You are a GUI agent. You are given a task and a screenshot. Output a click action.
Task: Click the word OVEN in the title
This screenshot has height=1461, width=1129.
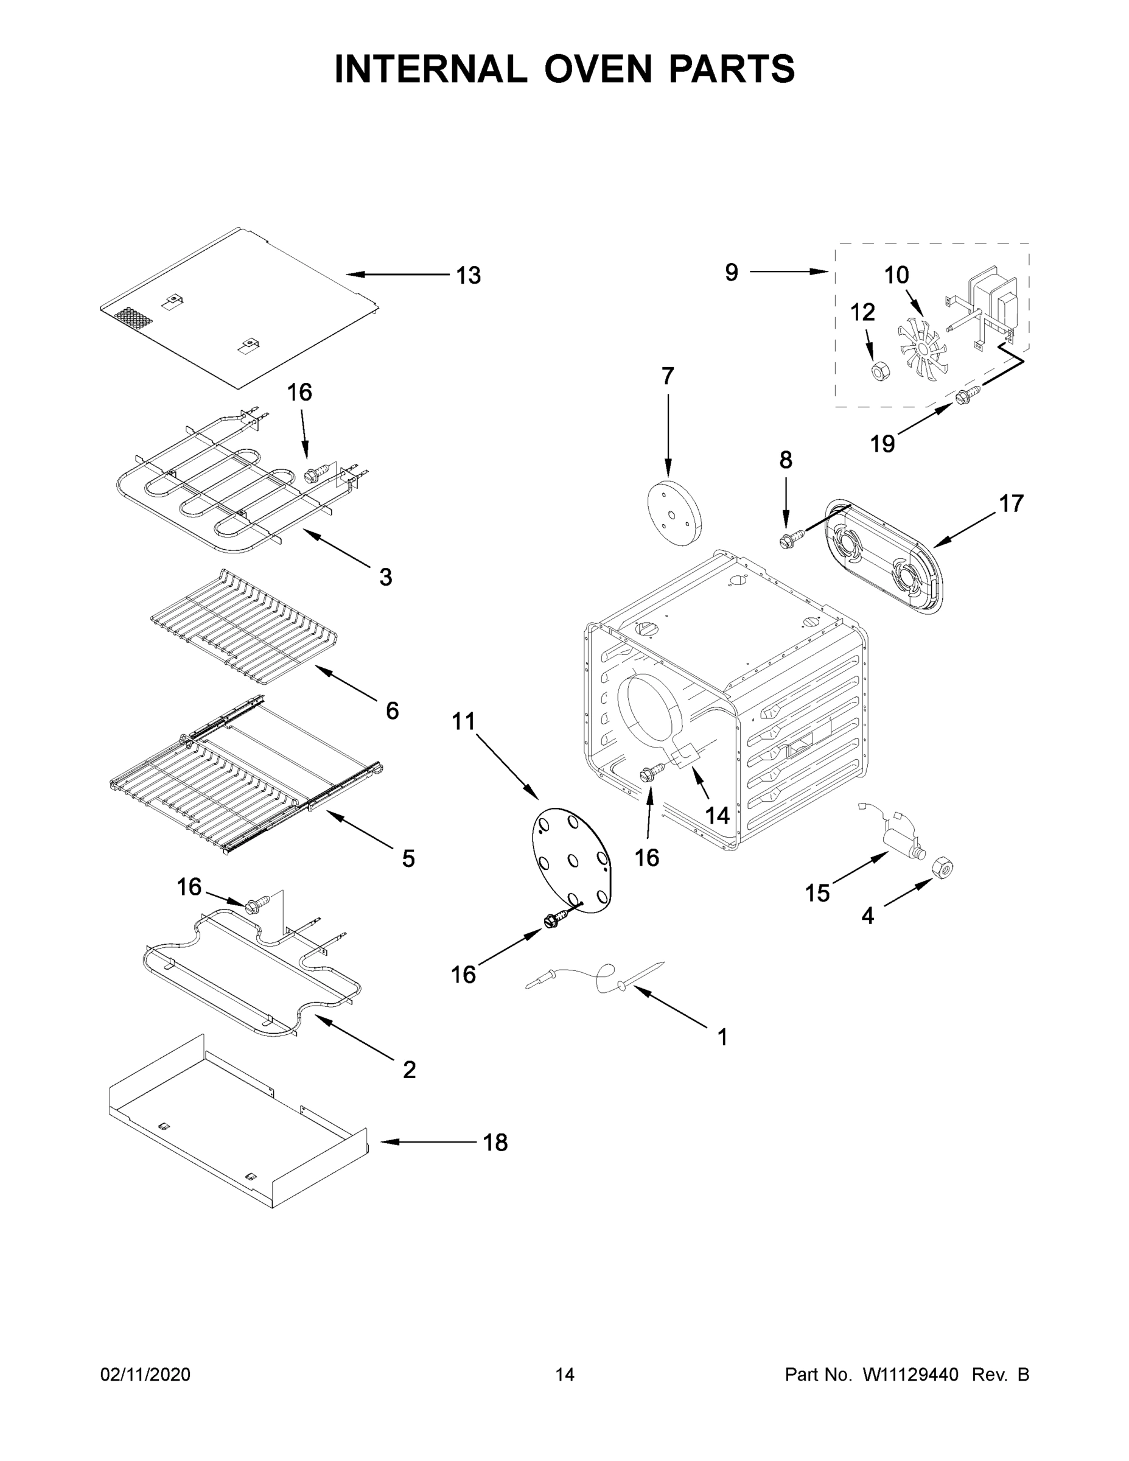click(x=597, y=69)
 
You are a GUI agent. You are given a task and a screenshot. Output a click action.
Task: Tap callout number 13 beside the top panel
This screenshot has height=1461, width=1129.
click(x=468, y=276)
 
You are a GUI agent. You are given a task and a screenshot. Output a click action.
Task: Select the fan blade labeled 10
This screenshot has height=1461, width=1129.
click(x=922, y=346)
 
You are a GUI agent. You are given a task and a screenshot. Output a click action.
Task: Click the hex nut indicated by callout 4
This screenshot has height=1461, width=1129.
click(x=942, y=867)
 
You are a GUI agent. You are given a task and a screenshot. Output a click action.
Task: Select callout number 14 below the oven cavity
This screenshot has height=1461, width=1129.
click(x=718, y=815)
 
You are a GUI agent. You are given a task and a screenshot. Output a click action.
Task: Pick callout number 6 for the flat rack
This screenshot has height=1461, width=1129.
click(x=392, y=710)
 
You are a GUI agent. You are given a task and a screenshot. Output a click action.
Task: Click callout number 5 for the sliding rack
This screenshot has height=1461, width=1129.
click(x=408, y=858)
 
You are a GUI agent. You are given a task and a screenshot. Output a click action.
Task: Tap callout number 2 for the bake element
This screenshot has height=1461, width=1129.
click(x=410, y=1070)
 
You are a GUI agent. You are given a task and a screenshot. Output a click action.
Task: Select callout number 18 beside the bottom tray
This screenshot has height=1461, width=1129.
click(x=495, y=1143)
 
